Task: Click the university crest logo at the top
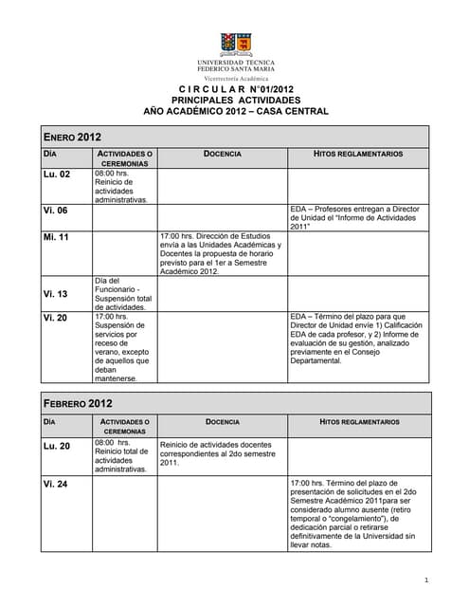[236, 43]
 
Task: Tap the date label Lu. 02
[57, 175]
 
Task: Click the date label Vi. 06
[55, 211]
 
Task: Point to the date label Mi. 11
[56, 236]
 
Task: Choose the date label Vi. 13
[55, 294]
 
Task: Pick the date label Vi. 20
[55, 318]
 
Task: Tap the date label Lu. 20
[57, 445]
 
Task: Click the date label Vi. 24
[55, 484]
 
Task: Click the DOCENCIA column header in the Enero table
[222, 154]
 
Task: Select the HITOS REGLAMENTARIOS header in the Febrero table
[359, 421]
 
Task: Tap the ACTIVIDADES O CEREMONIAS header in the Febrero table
[124, 426]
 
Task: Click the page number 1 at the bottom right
[427, 579]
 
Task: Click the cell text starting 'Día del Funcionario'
[120, 294]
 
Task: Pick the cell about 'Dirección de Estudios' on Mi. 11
[221, 253]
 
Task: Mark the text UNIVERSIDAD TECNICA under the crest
[236, 62]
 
